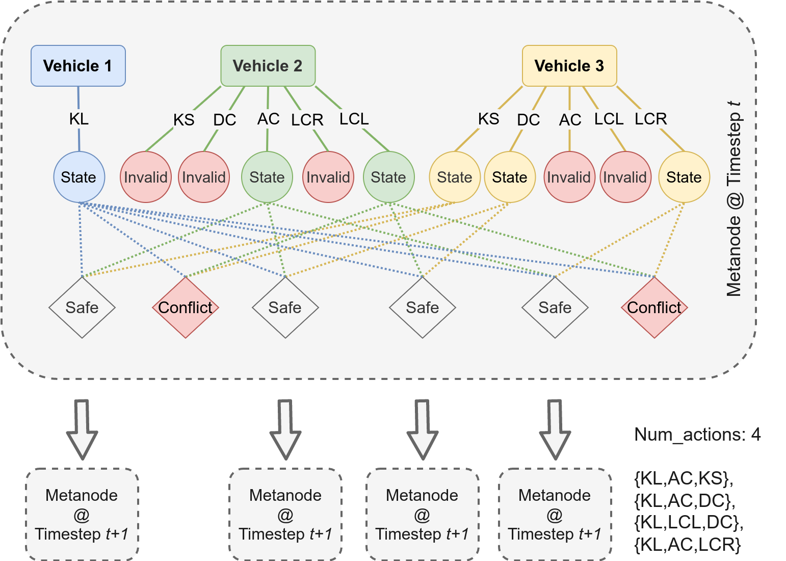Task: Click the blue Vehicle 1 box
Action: click(x=78, y=66)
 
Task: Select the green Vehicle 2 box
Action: click(x=268, y=66)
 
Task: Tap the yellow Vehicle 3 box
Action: click(x=569, y=66)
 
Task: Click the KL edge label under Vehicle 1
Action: click(x=79, y=119)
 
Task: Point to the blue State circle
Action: click(x=79, y=177)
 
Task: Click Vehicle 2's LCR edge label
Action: click(x=307, y=120)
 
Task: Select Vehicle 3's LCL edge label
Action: click(x=609, y=119)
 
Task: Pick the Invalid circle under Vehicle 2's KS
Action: click(x=146, y=177)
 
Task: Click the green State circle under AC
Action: click(x=267, y=177)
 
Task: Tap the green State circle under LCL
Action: click(x=388, y=177)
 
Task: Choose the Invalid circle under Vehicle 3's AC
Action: click(x=569, y=177)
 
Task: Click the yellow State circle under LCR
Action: click(x=684, y=177)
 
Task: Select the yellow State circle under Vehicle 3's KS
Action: click(x=455, y=177)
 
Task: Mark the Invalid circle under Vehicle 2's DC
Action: click(x=204, y=177)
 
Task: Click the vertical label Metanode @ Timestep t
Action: click(x=734, y=199)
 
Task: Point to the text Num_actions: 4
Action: click(x=697, y=435)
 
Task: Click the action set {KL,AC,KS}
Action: click(x=684, y=478)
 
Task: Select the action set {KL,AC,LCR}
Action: click(x=688, y=545)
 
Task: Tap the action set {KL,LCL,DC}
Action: click(x=689, y=522)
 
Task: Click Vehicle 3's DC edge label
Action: click(x=528, y=120)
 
